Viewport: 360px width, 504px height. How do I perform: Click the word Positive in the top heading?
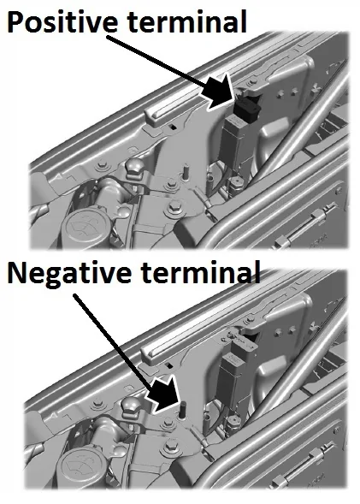62,21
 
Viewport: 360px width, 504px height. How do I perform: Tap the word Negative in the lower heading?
69,271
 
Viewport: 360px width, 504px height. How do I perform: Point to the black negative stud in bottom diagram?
183,410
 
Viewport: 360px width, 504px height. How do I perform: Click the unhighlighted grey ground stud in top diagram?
186,172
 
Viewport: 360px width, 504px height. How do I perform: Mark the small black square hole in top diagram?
173,127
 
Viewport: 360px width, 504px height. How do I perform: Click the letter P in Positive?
15,22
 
